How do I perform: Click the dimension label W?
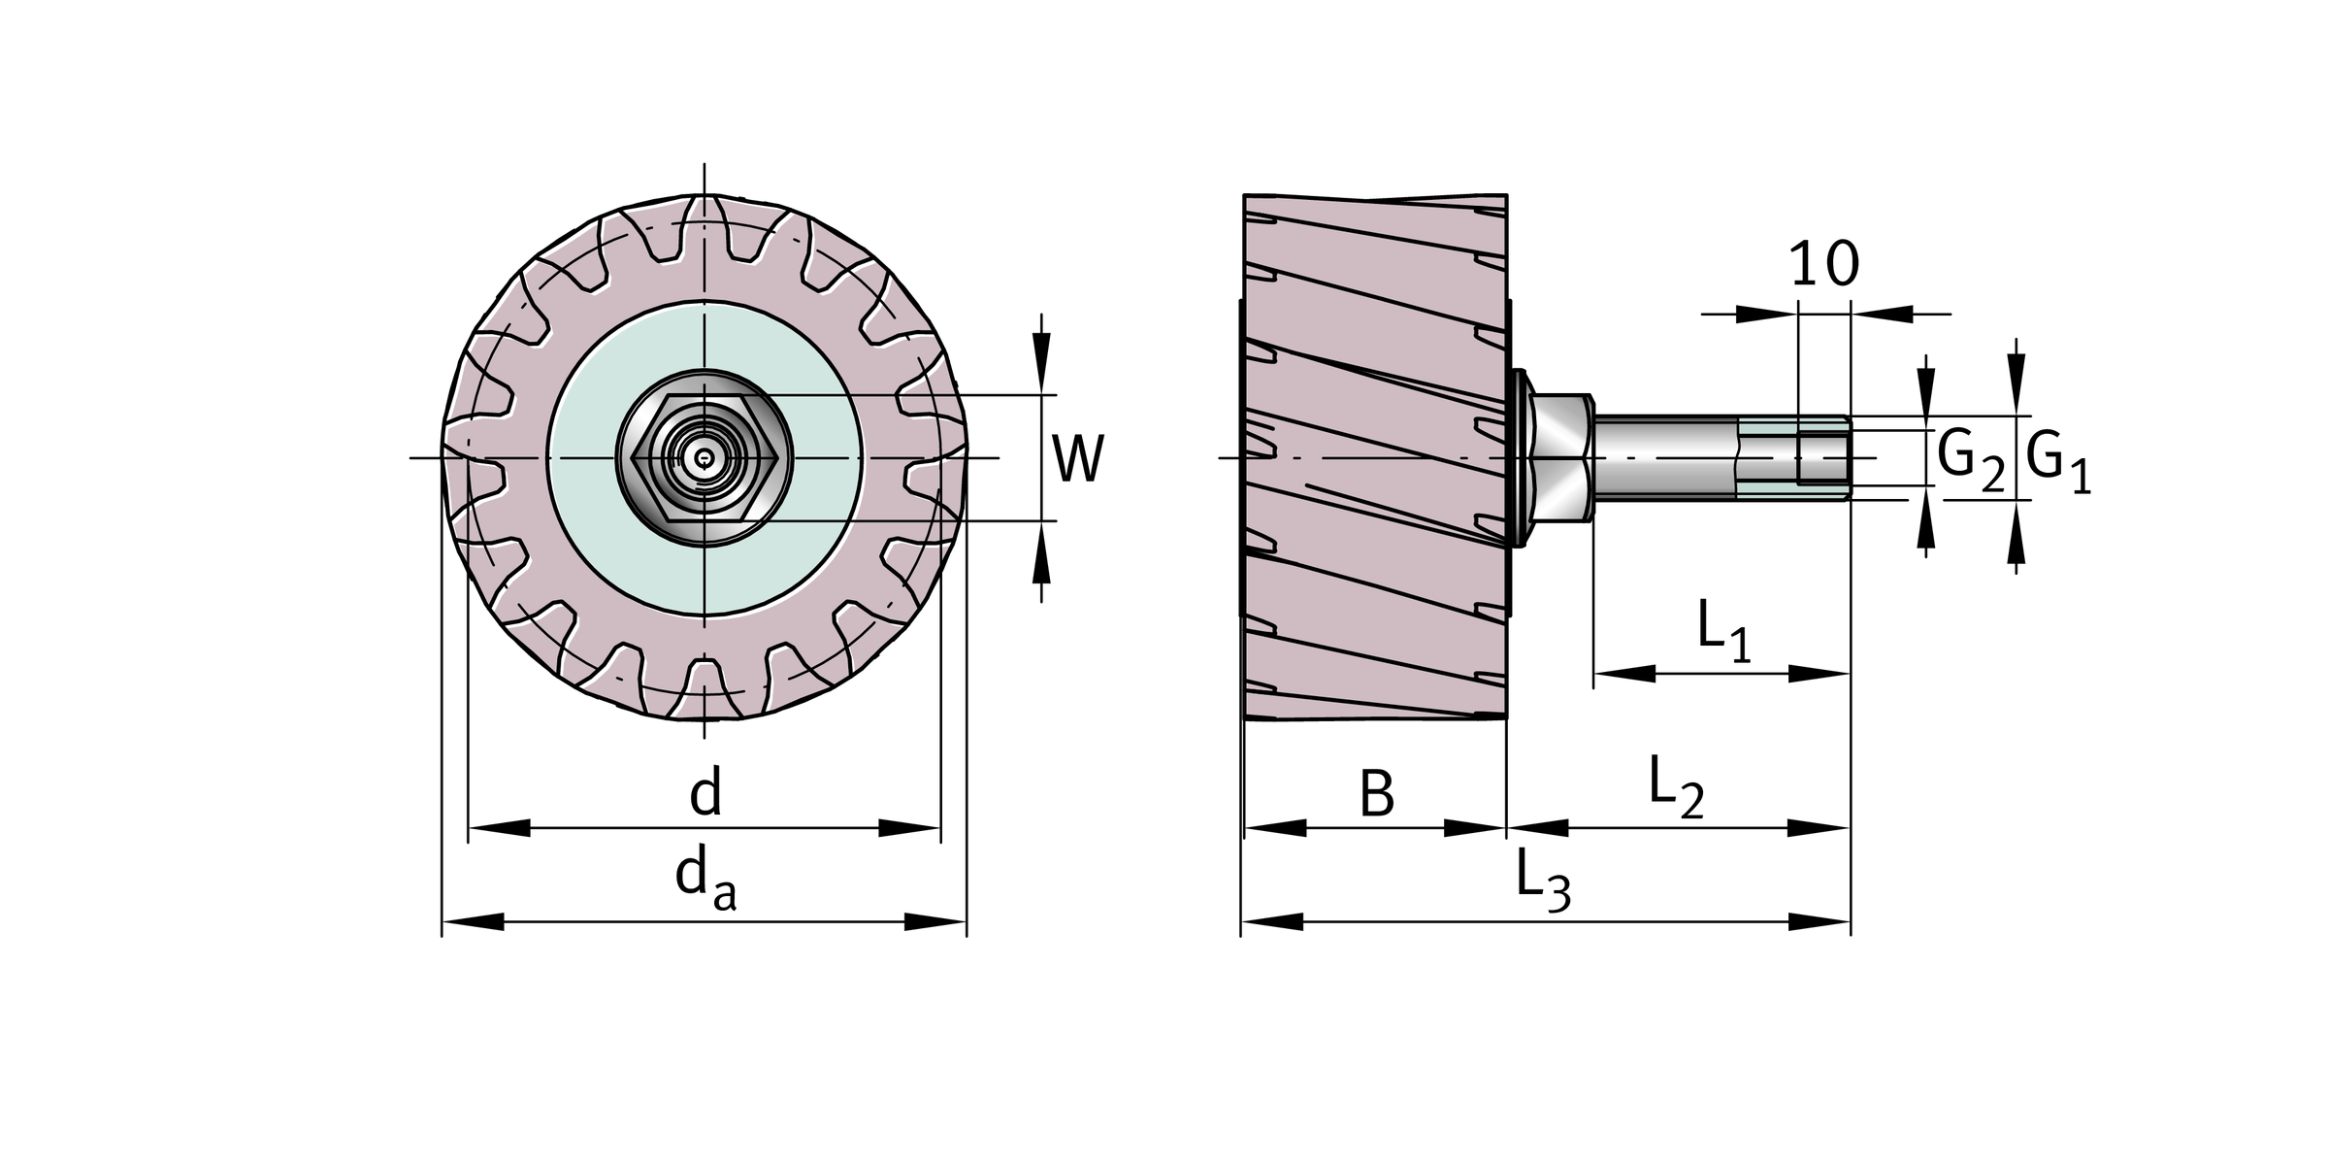click(x=1077, y=459)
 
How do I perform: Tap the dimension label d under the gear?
click(x=705, y=793)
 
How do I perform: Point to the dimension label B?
click(x=1376, y=793)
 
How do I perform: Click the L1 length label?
click(x=1722, y=631)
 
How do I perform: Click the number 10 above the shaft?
click(x=1823, y=264)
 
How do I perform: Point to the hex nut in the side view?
click(x=1560, y=457)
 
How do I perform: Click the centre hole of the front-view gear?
click(x=704, y=457)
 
